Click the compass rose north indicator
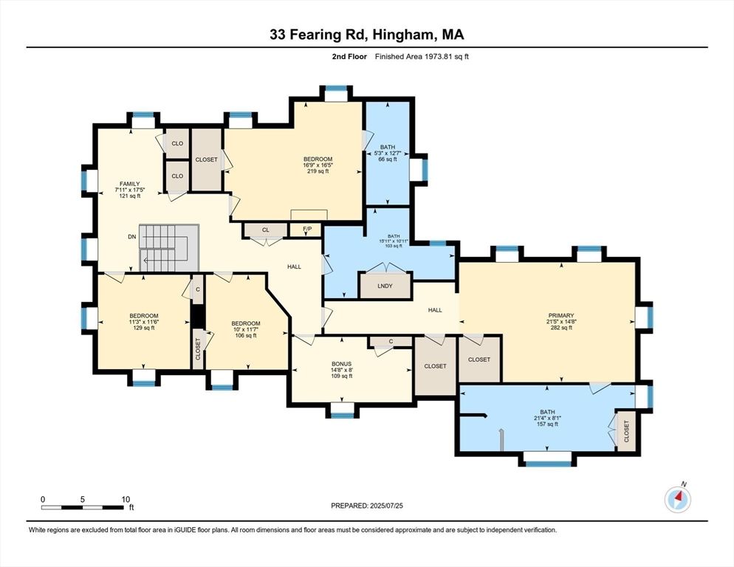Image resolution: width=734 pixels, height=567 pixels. (678, 499)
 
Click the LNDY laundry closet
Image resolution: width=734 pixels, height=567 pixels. (384, 286)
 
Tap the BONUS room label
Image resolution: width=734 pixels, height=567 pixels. (341, 363)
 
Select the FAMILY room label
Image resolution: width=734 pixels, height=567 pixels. (130, 184)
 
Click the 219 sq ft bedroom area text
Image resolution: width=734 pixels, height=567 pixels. (318, 171)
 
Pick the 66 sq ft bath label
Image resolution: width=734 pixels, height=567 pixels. (388, 159)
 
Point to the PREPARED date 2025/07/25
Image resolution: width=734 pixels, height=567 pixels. (367, 506)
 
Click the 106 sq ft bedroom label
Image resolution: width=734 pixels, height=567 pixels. (245, 335)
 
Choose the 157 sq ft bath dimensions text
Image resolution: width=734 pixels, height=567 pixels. (546, 418)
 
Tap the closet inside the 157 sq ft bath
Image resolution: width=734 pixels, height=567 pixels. (626, 430)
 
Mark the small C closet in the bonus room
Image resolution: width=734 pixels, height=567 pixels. (390, 341)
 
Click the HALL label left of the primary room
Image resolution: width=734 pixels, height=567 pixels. (435, 310)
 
